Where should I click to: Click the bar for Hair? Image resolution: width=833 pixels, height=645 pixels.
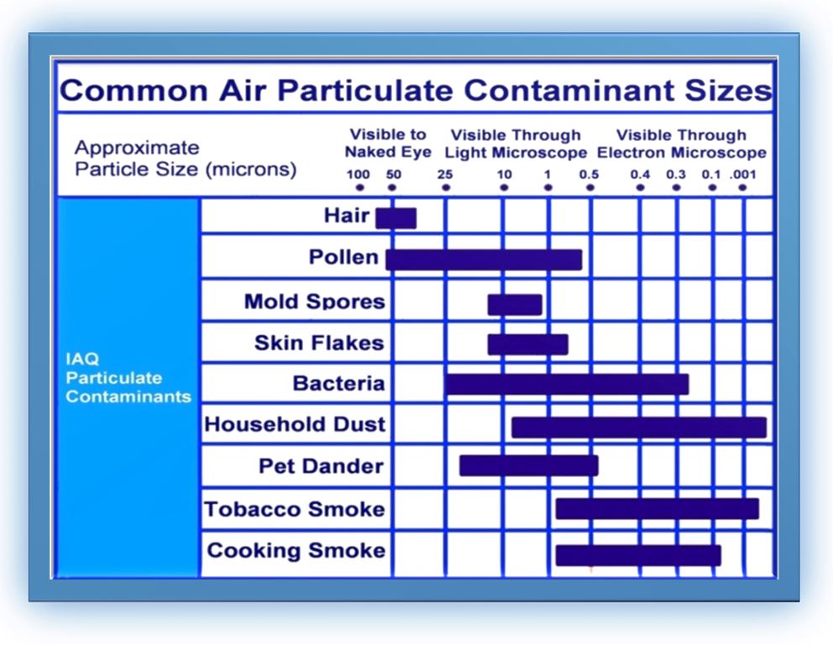coord(396,218)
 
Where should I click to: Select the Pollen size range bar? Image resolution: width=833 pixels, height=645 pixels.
coord(484,260)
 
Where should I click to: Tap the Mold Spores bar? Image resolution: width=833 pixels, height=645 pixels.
coord(515,304)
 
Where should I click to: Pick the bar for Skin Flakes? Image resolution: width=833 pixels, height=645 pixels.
coord(528,344)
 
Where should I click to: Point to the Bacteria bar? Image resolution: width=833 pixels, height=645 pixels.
coord(567,384)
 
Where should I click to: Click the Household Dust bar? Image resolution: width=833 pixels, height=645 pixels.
coord(639,427)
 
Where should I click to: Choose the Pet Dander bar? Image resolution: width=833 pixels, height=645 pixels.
coord(529,465)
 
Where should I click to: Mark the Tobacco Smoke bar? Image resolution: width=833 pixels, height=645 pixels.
coord(657,509)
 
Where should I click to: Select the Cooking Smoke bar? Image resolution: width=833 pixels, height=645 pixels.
coord(638,555)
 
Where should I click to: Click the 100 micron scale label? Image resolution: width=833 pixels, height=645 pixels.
coord(358,174)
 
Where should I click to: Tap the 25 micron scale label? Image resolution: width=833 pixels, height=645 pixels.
coord(445,174)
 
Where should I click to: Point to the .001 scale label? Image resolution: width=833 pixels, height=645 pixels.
coord(742,174)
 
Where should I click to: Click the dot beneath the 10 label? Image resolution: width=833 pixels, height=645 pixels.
coord(504,187)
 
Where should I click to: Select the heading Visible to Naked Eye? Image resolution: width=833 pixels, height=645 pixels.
coord(388,143)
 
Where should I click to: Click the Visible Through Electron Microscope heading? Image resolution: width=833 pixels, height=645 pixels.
coord(682,144)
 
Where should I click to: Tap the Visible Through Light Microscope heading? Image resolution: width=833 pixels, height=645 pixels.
coord(516,144)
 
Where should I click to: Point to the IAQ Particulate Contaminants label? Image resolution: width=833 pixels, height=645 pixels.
coord(128,378)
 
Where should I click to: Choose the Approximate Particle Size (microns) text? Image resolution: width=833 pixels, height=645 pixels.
coord(186,159)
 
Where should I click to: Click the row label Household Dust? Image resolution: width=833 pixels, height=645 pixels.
coord(295,424)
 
